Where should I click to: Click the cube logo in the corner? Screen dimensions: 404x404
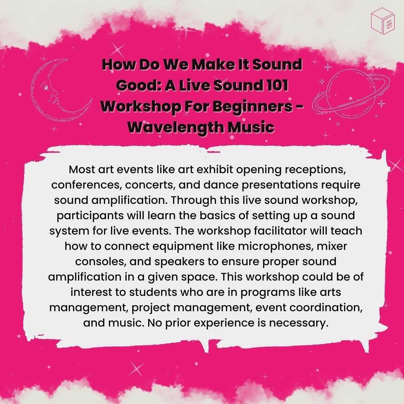click(383, 21)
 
